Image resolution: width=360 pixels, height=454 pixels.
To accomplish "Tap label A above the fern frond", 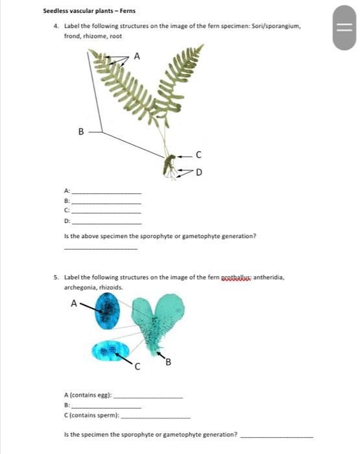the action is click(x=136, y=56).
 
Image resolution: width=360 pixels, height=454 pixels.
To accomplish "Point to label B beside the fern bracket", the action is click(x=81, y=132).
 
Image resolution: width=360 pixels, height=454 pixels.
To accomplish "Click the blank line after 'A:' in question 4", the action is click(x=106, y=193).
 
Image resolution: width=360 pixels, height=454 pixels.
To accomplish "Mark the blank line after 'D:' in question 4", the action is click(x=106, y=222).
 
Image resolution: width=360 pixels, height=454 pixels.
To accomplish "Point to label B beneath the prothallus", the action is click(x=168, y=361).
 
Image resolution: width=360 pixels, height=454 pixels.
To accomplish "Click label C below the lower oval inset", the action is click(x=137, y=368).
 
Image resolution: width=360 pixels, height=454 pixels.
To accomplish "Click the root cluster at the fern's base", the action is click(x=170, y=167).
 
